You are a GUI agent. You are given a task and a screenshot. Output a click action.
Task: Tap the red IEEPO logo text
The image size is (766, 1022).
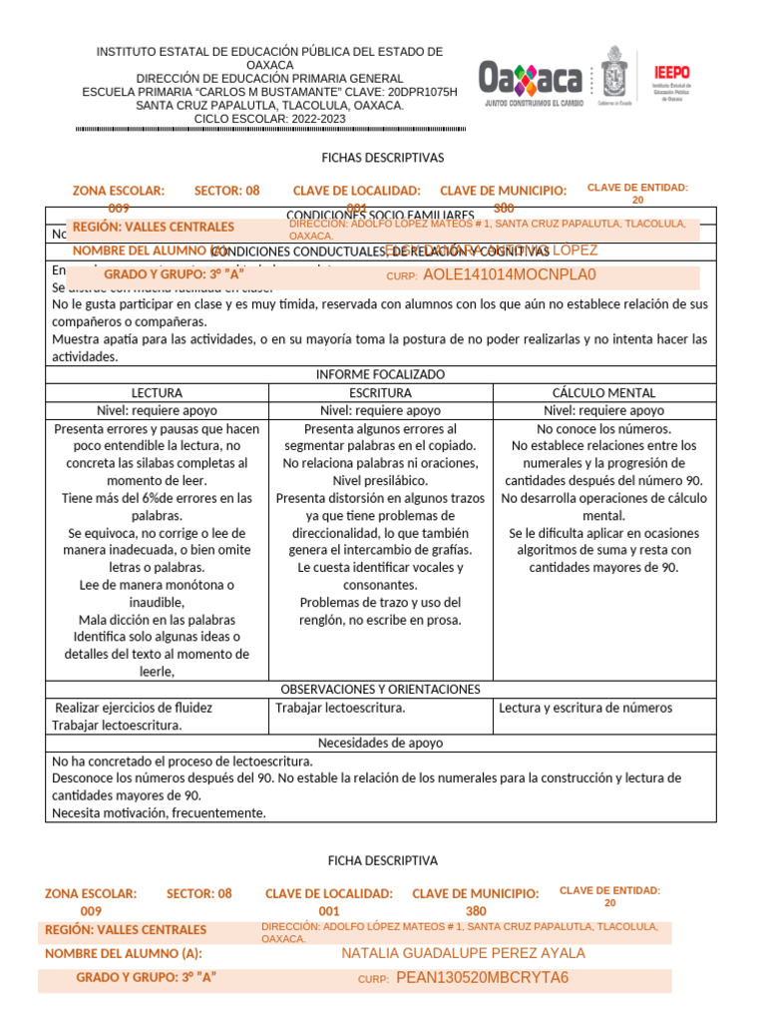(x=671, y=72)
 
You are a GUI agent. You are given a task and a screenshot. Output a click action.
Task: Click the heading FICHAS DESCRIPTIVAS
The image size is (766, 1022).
(x=382, y=158)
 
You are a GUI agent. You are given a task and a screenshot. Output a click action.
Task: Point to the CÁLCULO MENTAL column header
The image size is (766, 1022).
(x=603, y=393)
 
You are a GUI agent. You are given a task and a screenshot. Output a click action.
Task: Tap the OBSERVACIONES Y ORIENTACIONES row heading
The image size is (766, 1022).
(x=380, y=689)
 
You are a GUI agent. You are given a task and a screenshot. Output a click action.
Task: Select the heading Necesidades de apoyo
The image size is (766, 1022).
(x=380, y=743)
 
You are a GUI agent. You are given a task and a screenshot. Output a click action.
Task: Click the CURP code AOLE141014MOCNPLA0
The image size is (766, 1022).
(x=510, y=274)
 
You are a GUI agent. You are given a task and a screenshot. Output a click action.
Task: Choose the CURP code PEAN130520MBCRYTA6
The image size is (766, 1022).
(x=482, y=977)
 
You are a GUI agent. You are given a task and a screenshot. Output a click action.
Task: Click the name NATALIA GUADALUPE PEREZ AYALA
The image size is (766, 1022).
(x=463, y=953)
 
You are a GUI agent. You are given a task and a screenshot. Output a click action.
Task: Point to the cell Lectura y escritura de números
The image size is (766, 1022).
(x=585, y=708)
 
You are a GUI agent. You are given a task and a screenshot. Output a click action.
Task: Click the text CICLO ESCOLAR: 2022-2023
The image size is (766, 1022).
(x=269, y=119)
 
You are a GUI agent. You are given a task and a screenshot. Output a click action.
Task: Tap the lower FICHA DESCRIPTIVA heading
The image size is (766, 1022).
(x=382, y=860)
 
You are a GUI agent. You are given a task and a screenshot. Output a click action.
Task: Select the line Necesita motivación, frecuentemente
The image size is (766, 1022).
(x=159, y=812)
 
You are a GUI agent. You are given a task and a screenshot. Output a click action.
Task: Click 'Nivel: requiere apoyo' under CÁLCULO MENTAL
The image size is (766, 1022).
(x=603, y=410)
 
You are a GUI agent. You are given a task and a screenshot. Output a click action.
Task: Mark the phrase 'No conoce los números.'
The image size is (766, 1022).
(x=603, y=428)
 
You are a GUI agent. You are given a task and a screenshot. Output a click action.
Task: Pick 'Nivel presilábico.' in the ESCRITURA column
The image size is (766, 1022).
(x=380, y=480)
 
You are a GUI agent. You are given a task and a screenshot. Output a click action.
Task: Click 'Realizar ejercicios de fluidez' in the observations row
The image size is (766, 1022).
(x=134, y=708)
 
